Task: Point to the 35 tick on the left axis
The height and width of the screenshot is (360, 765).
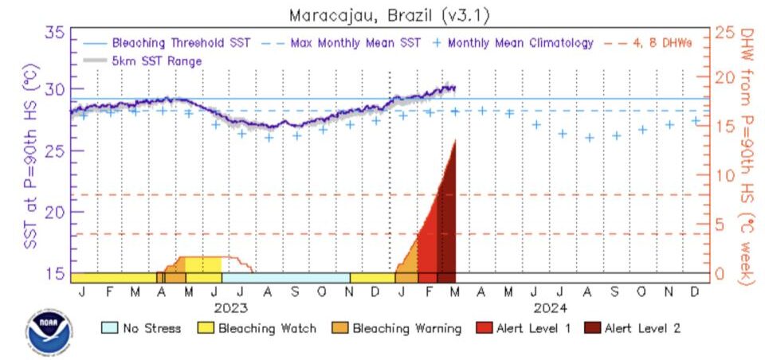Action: coord(56,33)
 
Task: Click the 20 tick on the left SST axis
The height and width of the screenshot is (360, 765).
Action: coord(56,212)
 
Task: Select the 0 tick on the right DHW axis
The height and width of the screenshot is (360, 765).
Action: coord(720,273)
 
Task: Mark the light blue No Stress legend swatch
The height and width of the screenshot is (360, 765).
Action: coord(110,327)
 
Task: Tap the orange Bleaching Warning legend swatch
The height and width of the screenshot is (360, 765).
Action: coord(340,327)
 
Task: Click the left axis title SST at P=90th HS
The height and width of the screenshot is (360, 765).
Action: coord(31,156)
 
